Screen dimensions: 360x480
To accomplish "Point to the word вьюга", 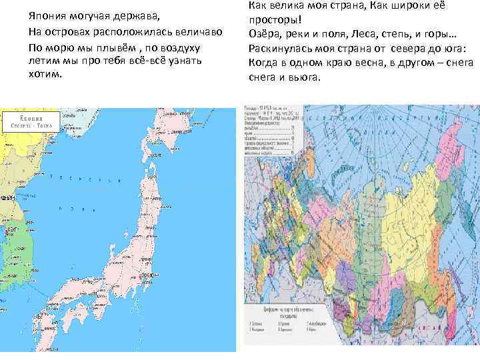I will (x=306, y=77).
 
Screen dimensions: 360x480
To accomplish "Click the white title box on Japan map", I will (x=31, y=121).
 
